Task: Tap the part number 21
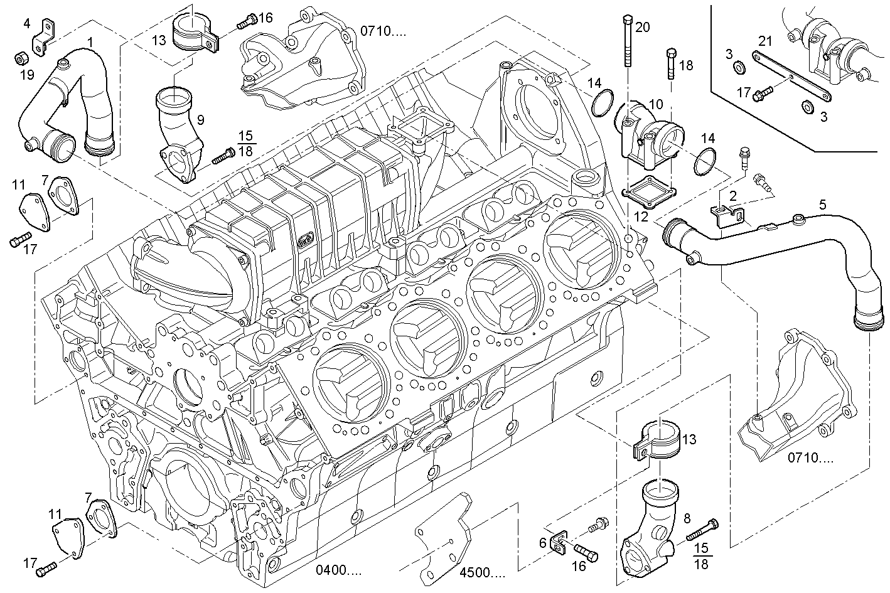coord(764,41)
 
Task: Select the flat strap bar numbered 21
coord(791,77)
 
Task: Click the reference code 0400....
coord(338,570)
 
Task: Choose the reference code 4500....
coord(482,572)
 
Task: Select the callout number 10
coord(655,103)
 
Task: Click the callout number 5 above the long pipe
coord(822,204)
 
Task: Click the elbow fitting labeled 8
coord(650,528)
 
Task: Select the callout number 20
coord(642,26)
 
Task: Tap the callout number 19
coord(26,75)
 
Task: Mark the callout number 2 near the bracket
coord(732,196)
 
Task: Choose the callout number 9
coord(200,119)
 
